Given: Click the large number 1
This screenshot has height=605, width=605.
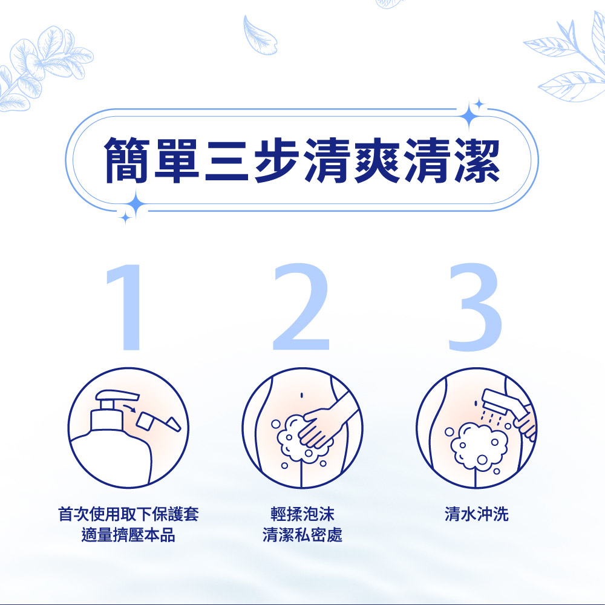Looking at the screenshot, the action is pos(127,307).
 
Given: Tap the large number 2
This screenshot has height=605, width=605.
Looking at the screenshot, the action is pos(301,307).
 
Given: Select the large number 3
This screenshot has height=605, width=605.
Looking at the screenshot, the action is pos(476,307).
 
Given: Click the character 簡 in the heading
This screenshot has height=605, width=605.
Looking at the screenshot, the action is pos(127,160).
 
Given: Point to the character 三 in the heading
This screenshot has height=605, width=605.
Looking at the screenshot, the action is pos(226,160).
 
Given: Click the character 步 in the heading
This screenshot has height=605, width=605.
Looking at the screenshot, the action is pos(276,160).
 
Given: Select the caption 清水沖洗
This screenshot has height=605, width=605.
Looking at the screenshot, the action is pos(477,514).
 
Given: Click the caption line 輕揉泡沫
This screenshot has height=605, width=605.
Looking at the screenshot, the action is pos(302,514).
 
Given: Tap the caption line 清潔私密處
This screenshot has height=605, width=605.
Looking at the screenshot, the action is pos(302,535).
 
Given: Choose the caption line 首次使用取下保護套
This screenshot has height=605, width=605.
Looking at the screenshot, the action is pos(128,514).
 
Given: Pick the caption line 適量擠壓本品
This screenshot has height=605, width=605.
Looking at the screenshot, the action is pos(128,535).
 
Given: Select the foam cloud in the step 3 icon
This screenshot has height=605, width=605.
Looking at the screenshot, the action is pos(479,446).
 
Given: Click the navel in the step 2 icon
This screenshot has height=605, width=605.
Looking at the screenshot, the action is pos(302,395).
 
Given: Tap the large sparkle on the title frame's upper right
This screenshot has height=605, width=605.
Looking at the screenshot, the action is pos(469,114).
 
